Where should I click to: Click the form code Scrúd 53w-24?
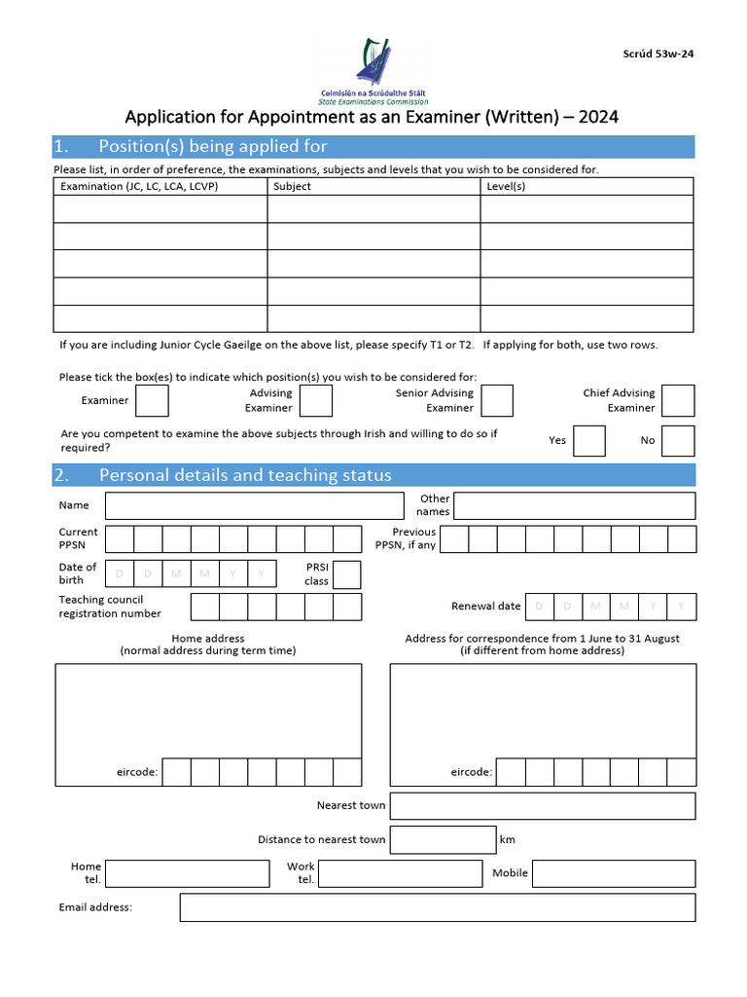click(x=658, y=54)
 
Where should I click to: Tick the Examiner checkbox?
click(x=152, y=401)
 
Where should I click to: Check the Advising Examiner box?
click(x=316, y=401)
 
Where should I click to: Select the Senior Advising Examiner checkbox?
click(x=497, y=401)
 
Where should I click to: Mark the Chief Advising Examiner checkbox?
click(x=678, y=401)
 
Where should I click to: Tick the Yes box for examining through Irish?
click(x=589, y=441)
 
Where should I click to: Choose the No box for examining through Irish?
click(x=678, y=441)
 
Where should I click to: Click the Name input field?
click(x=254, y=506)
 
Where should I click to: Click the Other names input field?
click(x=574, y=506)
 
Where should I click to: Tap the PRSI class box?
click(x=346, y=574)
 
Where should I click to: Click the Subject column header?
click(x=293, y=186)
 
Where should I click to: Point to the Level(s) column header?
click(x=505, y=186)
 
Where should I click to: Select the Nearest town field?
click(x=542, y=806)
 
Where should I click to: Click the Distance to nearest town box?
click(x=443, y=839)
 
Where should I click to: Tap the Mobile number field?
click(x=614, y=873)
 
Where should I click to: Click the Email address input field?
click(x=437, y=907)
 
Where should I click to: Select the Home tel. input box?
click(x=187, y=873)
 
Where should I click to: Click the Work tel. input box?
click(x=401, y=873)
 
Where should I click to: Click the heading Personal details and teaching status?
click(x=245, y=475)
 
